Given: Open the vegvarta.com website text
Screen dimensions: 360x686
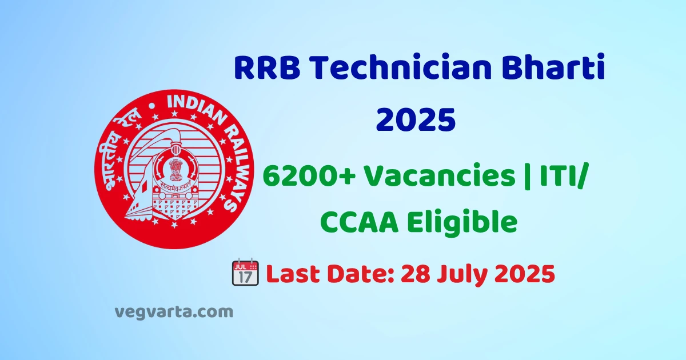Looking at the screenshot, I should click(174, 313).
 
